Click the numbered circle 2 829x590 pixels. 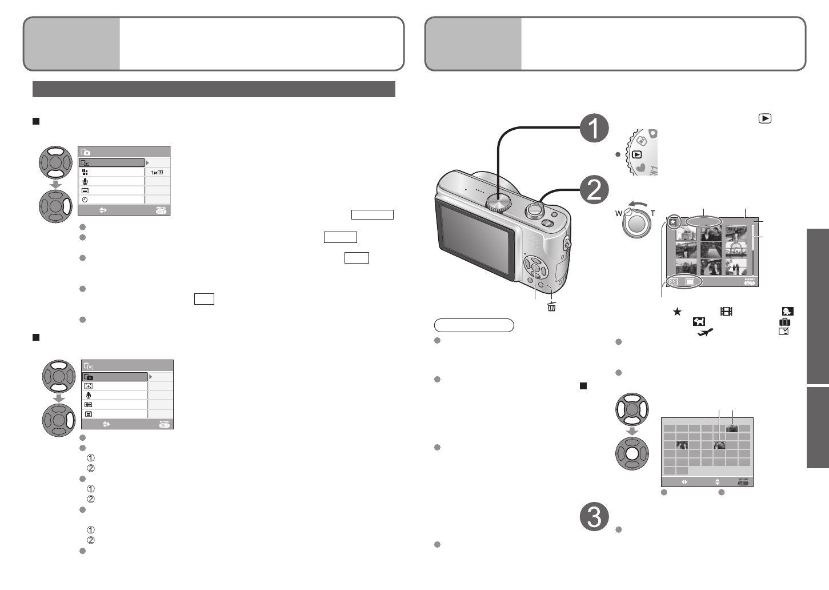pyautogui.click(x=594, y=190)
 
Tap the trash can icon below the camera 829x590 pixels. pyautogui.click(x=551, y=306)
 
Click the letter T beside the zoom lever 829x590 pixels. pyautogui.click(x=653, y=214)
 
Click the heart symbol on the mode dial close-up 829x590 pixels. pyautogui.click(x=641, y=168)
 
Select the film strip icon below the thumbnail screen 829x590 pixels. pyautogui.click(x=726, y=312)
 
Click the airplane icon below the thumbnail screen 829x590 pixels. pyautogui.click(x=706, y=332)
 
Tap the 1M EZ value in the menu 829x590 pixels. pyautogui.click(x=157, y=172)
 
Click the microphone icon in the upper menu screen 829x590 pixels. pyautogui.click(x=85, y=181)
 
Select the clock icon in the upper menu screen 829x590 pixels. pyautogui.click(x=85, y=200)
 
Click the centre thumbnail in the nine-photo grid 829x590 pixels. pyautogui.click(x=711, y=250)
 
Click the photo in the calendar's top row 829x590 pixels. pyautogui.click(x=732, y=428)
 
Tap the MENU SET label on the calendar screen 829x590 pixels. pyautogui.click(x=743, y=481)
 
